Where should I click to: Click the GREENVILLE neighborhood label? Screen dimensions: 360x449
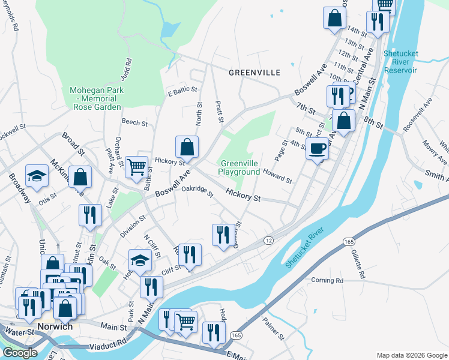click(255, 73)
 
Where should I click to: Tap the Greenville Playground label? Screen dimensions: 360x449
click(240, 167)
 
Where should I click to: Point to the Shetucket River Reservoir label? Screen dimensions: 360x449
click(400, 62)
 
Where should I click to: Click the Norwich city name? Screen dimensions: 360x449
click(55, 327)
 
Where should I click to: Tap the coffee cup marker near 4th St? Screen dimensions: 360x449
click(317, 149)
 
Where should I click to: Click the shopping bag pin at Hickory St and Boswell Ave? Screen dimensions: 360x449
click(187, 147)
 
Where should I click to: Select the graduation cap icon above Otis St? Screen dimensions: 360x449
click(37, 176)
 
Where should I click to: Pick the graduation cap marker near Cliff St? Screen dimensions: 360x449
click(140, 260)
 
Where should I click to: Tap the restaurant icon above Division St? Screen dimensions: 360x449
click(90, 215)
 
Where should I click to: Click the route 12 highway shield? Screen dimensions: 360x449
click(268, 240)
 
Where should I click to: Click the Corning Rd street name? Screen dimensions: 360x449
click(327, 280)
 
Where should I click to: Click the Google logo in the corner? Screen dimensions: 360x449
click(20, 353)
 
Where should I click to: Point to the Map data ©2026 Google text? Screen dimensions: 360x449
click(411, 355)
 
